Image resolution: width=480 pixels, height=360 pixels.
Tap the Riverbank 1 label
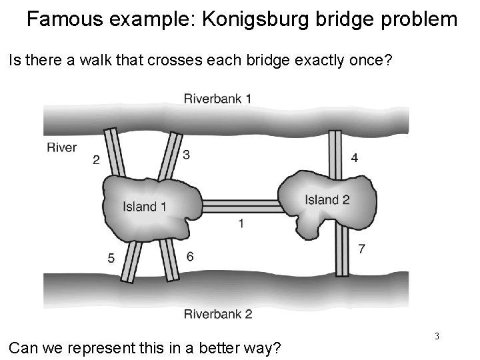coord(217,99)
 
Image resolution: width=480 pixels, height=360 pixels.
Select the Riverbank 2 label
coord(217,313)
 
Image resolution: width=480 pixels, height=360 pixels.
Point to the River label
coord(62,147)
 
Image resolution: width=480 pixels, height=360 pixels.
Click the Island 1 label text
coord(144,207)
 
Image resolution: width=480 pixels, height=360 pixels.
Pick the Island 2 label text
coord(327,199)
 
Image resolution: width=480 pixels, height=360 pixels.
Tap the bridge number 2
coord(97,159)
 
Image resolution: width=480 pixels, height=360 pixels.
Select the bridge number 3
coord(186,155)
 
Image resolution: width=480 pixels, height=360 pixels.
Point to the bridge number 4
coord(355,157)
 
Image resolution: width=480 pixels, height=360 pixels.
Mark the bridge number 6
coord(190,256)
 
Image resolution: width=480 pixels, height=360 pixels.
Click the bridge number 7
coord(361,249)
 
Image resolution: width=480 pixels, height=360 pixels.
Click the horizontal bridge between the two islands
coord(240,205)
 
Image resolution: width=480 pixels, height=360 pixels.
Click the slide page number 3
coord(437,336)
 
